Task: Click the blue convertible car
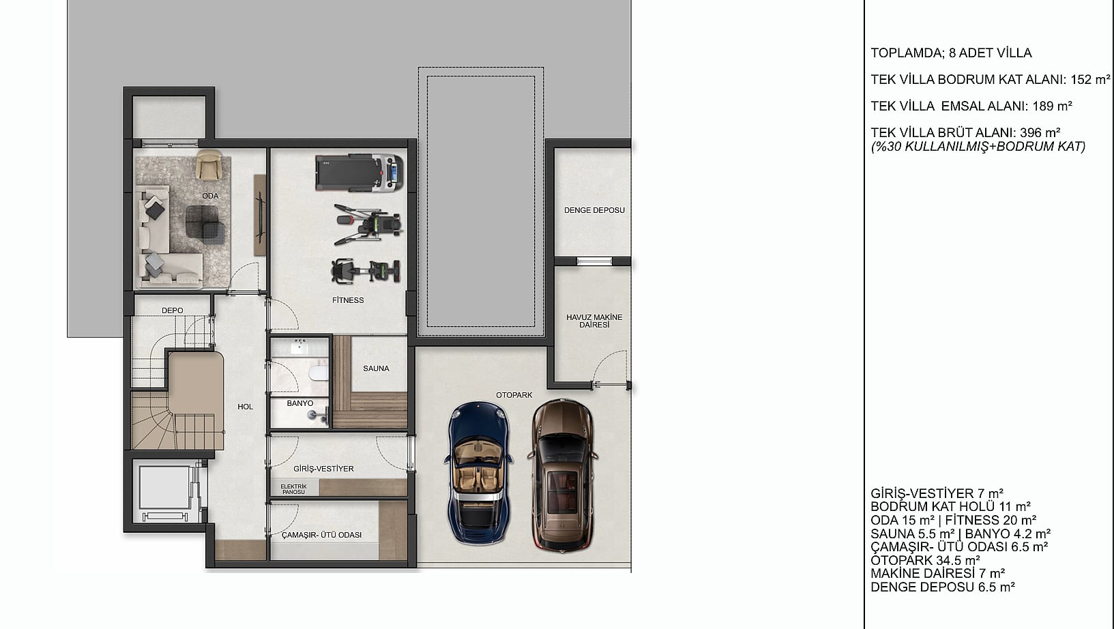478,473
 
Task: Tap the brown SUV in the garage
563,475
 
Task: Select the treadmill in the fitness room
359,173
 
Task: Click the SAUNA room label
376,368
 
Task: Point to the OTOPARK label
514,395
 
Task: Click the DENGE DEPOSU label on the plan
594,210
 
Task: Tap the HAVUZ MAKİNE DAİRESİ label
594,321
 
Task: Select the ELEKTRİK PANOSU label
293,489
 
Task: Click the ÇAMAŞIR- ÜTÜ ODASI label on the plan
322,535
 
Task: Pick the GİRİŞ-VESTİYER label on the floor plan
324,469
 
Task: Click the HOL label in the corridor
245,407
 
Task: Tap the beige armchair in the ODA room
209,165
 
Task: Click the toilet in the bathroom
319,372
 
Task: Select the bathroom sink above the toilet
299,346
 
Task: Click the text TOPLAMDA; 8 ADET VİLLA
951,53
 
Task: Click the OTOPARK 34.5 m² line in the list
925,560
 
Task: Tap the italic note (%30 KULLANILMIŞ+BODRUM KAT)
978,147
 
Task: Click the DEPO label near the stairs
172,310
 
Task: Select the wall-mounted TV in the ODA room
260,216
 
